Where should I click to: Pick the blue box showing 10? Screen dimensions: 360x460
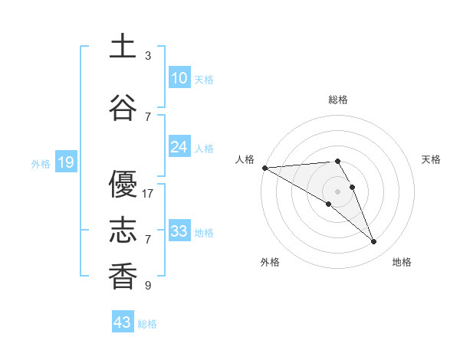tap(179, 77)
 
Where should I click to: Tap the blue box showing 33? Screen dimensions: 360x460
tap(179, 231)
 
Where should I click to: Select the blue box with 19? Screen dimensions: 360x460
tap(65, 162)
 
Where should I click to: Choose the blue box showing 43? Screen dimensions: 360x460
tap(123, 322)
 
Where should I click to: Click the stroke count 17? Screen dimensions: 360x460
tap(149, 194)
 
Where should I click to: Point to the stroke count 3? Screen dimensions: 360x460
tap(148, 56)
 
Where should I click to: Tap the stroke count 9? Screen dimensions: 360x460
tap(148, 286)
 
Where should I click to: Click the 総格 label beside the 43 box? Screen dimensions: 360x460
tap(148, 324)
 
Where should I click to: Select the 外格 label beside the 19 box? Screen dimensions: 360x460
tap(41, 163)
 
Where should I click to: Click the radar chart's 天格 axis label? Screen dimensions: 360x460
tap(432, 159)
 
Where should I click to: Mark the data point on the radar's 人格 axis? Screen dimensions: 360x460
tap(264, 168)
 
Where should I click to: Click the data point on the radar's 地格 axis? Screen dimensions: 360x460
tap(374, 242)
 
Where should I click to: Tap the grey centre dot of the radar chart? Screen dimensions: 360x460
tap(337, 191)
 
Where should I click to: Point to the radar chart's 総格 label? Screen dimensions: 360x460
tap(337, 100)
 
